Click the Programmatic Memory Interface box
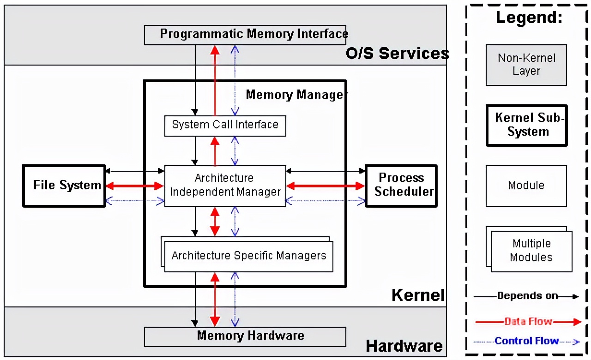pos(245,35)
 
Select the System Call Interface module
pos(225,126)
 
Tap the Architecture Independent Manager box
pos(225,186)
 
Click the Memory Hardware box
pos(245,336)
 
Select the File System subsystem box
pos(64,186)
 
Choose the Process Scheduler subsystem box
pos(401,186)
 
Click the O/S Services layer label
pos(397,54)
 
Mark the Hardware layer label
pos(404,346)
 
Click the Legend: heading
pos(529,18)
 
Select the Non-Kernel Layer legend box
pos(526,65)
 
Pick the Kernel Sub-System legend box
pos(526,126)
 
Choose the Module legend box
pos(526,186)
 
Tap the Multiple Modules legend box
pos(531,251)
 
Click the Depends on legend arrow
pos(527,296)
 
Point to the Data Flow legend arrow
pos(527,322)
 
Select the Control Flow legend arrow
pos(527,342)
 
